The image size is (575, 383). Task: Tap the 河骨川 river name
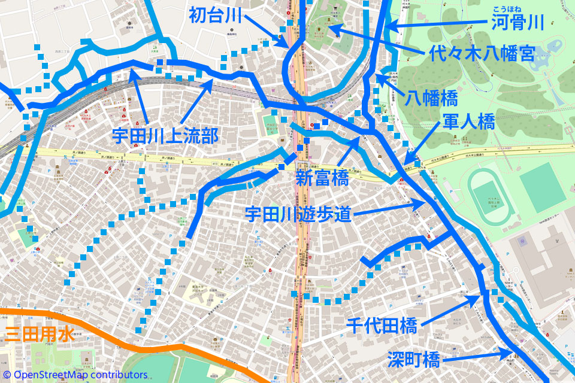click(x=516, y=23)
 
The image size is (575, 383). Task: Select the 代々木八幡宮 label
click(x=482, y=54)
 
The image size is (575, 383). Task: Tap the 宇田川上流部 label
click(x=165, y=135)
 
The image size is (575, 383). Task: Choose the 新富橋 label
click(x=322, y=178)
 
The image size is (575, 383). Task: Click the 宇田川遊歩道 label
click(x=298, y=214)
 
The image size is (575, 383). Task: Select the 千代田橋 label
click(x=382, y=326)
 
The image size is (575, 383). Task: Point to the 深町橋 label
click(x=414, y=359)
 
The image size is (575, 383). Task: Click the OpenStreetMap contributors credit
click(x=75, y=375)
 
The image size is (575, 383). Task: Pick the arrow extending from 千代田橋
click(x=449, y=310)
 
